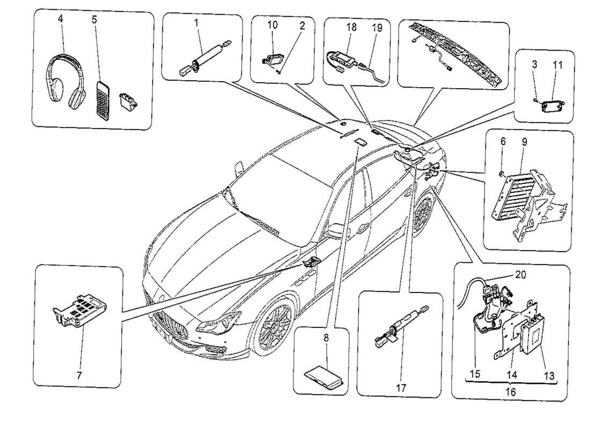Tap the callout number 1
pos(197,24)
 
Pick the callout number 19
pos(375,27)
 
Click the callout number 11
pos(557,64)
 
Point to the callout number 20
pos(519,274)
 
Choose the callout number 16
pos(510,392)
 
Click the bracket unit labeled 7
pos(81,312)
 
